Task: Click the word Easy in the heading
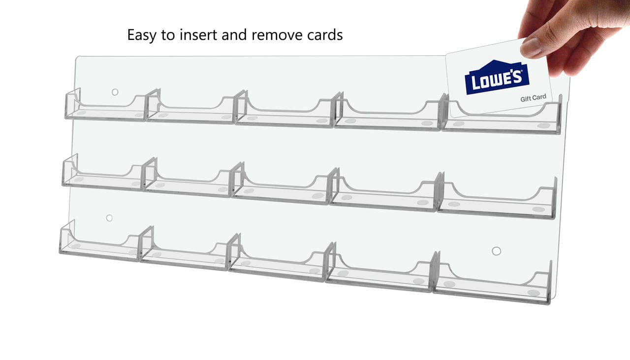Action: pyautogui.click(x=142, y=35)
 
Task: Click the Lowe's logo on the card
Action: pyautogui.click(x=497, y=78)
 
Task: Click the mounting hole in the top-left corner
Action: pyautogui.click(x=115, y=92)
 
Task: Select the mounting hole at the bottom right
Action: pyautogui.click(x=496, y=251)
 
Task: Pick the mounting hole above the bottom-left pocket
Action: pyautogui.click(x=109, y=218)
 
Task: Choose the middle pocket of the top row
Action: pyautogui.click(x=284, y=114)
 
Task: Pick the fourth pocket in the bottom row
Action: pyautogui.click(x=379, y=274)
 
